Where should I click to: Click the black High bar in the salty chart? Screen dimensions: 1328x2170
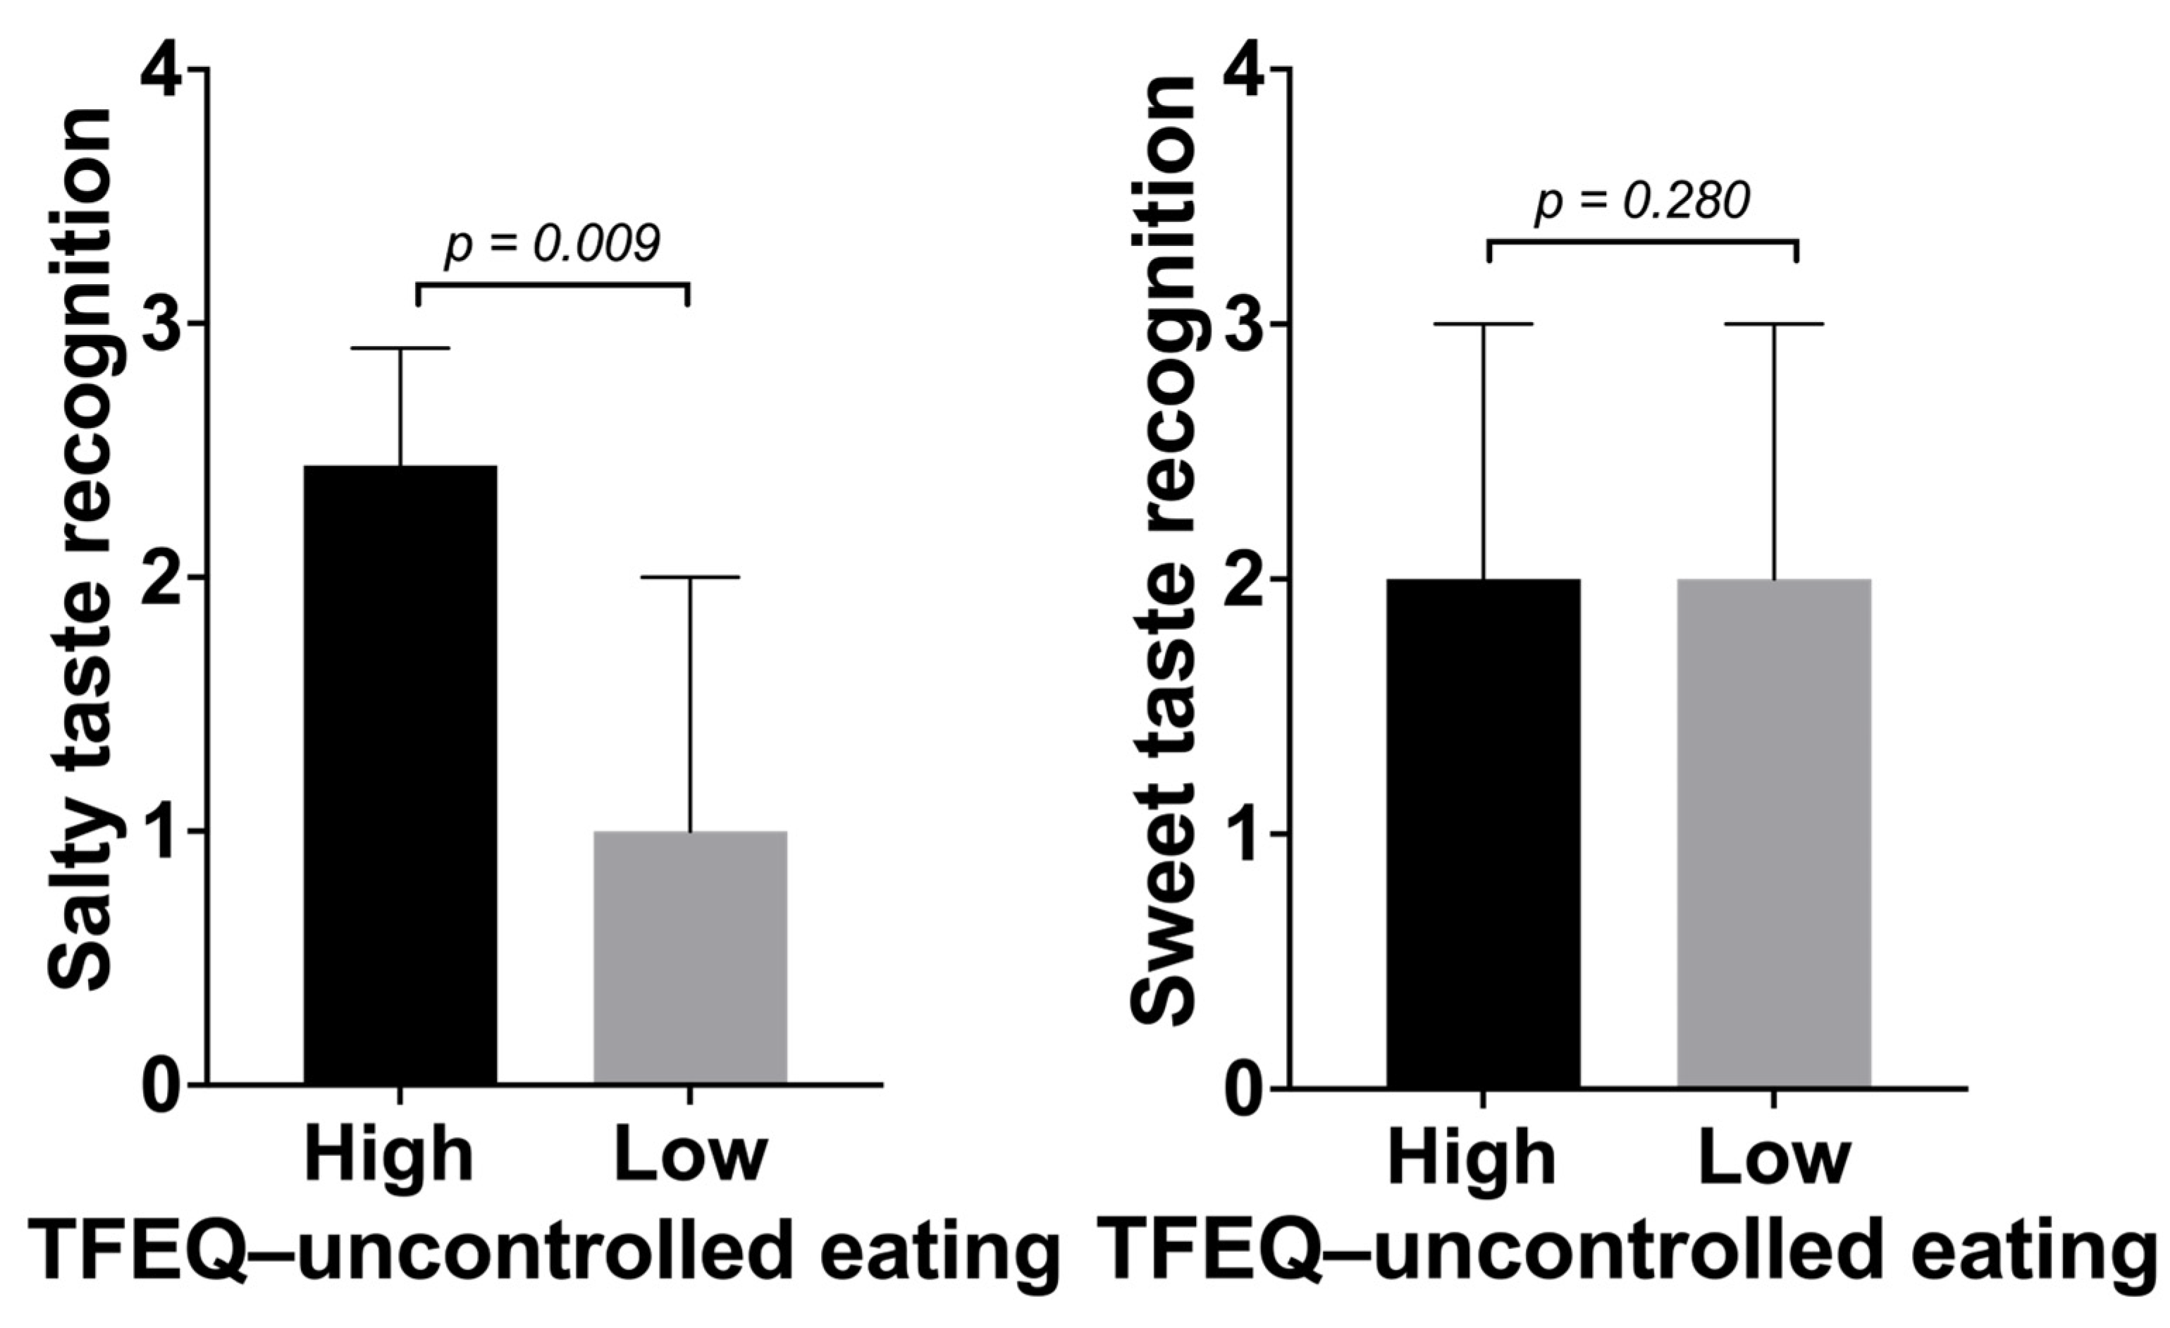pyautogui.click(x=400, y=775)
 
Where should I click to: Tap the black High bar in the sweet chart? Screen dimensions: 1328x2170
pyautogui.click(x=1483, y=832)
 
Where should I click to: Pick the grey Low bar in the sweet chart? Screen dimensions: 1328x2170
pyautogui.click(x=1774, y=832)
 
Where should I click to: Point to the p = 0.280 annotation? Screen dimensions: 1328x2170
pyautogui.click(x=1642, y=202)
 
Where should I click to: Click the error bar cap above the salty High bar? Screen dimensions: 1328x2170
pyautogui.click(x=401, y=349)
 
